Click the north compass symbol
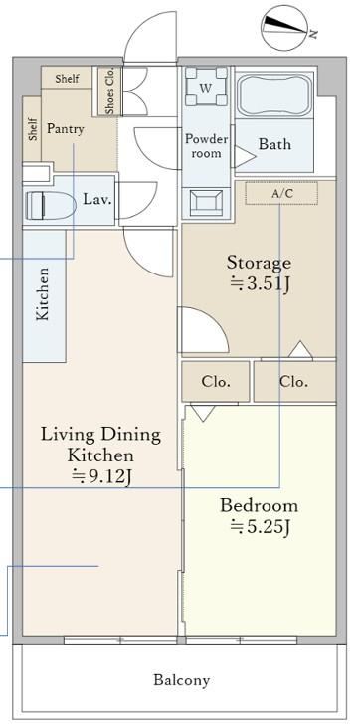284,28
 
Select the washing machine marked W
207,87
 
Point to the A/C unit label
282,194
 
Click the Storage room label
259,263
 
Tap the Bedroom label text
259,505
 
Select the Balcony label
182,680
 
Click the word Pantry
66,129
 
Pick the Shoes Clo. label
109,91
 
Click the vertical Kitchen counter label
43,294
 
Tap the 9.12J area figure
102,476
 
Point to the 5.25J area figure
261,527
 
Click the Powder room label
207,146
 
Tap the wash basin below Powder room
207,203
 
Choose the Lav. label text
97,200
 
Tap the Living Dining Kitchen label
100,445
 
